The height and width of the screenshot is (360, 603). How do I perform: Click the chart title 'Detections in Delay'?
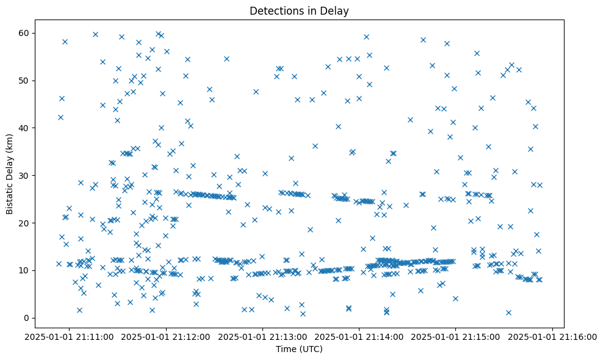pos(299,10)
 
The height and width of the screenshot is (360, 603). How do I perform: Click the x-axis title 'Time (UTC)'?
pos(299,349)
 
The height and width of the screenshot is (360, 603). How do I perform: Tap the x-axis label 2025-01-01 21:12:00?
pos(166,336)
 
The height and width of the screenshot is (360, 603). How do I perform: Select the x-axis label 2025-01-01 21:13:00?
pos(262,336)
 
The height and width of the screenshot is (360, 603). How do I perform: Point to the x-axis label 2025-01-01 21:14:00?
pos(359,336)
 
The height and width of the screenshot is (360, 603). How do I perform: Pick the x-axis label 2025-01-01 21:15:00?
pos(456,336)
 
